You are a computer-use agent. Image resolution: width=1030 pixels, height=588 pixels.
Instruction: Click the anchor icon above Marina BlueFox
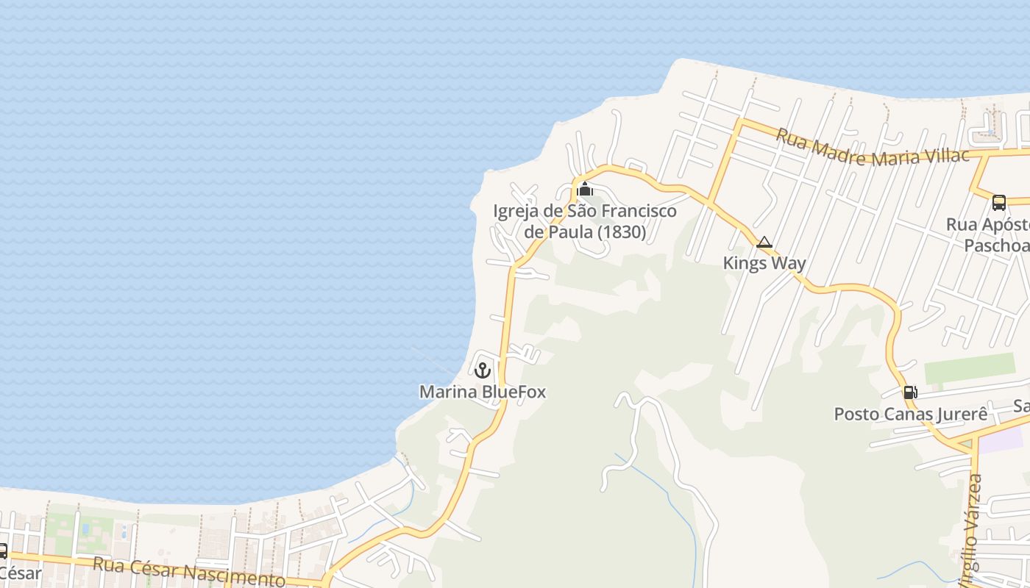pyautogui.click(x=483, y=370)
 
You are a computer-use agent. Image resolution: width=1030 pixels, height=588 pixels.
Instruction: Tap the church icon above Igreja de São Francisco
pyautogui.click(x=585, y=189)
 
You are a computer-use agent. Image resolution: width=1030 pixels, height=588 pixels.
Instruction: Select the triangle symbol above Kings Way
pyautogui.click(x=764, y=243)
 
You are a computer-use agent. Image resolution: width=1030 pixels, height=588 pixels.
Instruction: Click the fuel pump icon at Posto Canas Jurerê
pyautogui.click(x=910, y=392)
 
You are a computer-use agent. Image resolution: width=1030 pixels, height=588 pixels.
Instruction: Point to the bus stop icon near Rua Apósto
pyautogui.click(x=998, y=202)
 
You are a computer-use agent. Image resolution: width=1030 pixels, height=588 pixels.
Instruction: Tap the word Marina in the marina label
pyautogui.click(x=447, y=392)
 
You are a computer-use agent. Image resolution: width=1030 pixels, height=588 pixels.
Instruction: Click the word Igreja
pyautogui.click(x=516, y=212)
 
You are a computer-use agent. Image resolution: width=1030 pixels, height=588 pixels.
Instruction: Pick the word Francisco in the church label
pyautogui.click(x=639, y=212)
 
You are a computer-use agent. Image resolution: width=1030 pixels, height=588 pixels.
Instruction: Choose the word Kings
pyautogui.click(x=745, y=263)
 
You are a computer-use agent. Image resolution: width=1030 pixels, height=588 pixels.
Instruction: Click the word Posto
pyautogui.click(x=855, y=414)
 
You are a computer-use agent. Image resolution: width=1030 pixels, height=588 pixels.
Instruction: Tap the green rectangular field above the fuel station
pyautogui.click(x=970, y=367)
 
